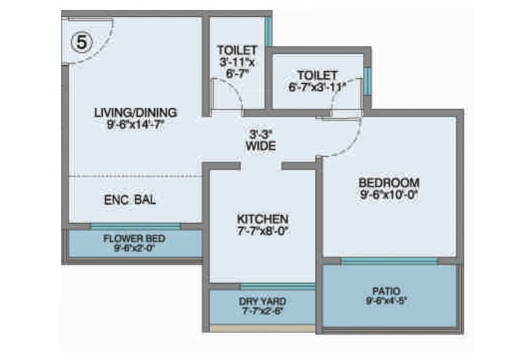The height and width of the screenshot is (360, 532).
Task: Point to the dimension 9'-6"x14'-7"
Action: point(135,124)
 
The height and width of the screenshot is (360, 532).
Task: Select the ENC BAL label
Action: point(130,200)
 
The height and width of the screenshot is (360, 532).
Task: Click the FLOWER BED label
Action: point(134,239)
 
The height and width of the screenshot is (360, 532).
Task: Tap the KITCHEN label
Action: point(263,219)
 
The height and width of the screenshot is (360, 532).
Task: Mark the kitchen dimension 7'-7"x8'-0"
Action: point(263,232)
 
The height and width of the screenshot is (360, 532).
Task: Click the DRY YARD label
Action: point(263,301)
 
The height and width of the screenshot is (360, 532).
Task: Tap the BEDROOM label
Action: point(389,183)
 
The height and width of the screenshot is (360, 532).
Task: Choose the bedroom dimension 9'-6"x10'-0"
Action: point(389,196)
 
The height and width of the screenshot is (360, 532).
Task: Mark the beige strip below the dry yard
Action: point(262,328)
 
